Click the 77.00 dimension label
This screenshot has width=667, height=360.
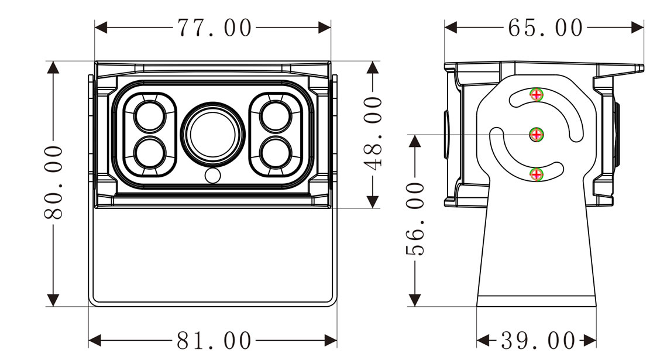tap(214, 28)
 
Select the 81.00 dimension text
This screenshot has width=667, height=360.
tap(214, 341)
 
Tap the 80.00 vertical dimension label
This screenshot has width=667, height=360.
tap(54, 182)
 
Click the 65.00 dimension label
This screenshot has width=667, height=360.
tap(545, 28)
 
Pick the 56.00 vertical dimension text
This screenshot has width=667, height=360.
tap(415, 219)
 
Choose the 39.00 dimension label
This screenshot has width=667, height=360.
tap(538, 341)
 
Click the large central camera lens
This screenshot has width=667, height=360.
tap(213, 133)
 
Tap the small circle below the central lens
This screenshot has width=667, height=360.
tap(213, 176)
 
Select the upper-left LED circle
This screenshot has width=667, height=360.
tap(150, 116)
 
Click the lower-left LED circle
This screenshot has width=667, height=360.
tap(150, 152)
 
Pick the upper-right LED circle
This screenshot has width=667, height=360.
tap(276, 116)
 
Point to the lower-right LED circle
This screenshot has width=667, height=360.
tap(276, 152)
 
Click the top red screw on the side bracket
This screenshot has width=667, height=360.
tap(537, 94)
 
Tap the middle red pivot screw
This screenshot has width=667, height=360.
tap(537, 135)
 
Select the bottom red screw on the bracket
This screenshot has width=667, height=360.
tap(537, 174)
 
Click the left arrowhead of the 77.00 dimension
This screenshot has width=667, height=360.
tap(101, 28)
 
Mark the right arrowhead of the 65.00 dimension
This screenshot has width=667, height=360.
tap(637, 28)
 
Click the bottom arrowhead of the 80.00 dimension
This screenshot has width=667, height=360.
tap(53, 300)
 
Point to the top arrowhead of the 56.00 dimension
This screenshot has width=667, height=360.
tap(415, 141)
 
